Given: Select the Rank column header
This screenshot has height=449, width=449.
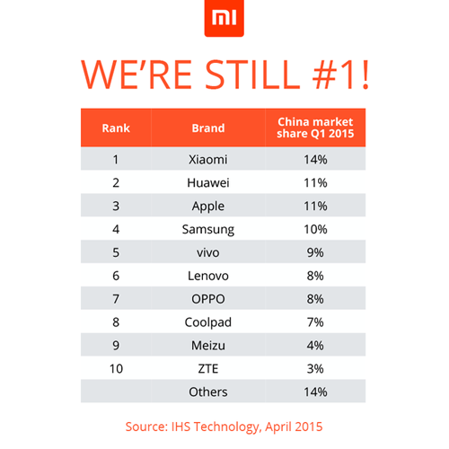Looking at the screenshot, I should point(115,128).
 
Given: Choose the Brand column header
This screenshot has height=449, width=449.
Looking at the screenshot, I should point(208,128).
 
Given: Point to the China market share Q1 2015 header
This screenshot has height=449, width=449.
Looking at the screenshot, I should point(315,128).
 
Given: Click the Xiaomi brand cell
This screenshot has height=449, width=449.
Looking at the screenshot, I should point(208,160).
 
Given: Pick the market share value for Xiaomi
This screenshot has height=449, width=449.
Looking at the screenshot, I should point(315,160).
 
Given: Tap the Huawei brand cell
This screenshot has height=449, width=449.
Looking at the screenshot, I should point(208,183).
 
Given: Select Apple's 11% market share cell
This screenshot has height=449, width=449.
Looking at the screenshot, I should point(315,206).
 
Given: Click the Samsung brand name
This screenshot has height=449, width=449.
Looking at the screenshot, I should point(208,229).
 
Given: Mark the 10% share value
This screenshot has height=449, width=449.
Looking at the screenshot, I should point(315,229).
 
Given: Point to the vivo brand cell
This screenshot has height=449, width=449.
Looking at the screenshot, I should point(208,252).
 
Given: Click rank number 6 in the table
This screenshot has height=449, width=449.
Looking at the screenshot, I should point(115,276).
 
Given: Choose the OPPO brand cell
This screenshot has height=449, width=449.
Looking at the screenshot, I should point(208,299).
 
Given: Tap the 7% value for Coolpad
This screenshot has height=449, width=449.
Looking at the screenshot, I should point(315,322).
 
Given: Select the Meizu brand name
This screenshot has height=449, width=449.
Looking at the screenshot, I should point(208,345).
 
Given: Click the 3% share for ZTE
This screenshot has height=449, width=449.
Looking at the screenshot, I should point(315,368).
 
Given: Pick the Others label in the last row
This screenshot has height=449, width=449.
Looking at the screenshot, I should point(208,392).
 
